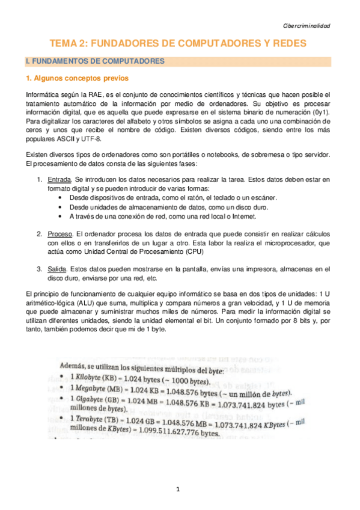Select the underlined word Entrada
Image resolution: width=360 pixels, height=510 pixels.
[59, 179]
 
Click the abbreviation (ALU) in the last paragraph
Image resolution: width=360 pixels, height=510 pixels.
[98, 302]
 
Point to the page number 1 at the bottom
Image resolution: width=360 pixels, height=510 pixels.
[178, 489]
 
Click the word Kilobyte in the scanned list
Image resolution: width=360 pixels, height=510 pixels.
[86, 379]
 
